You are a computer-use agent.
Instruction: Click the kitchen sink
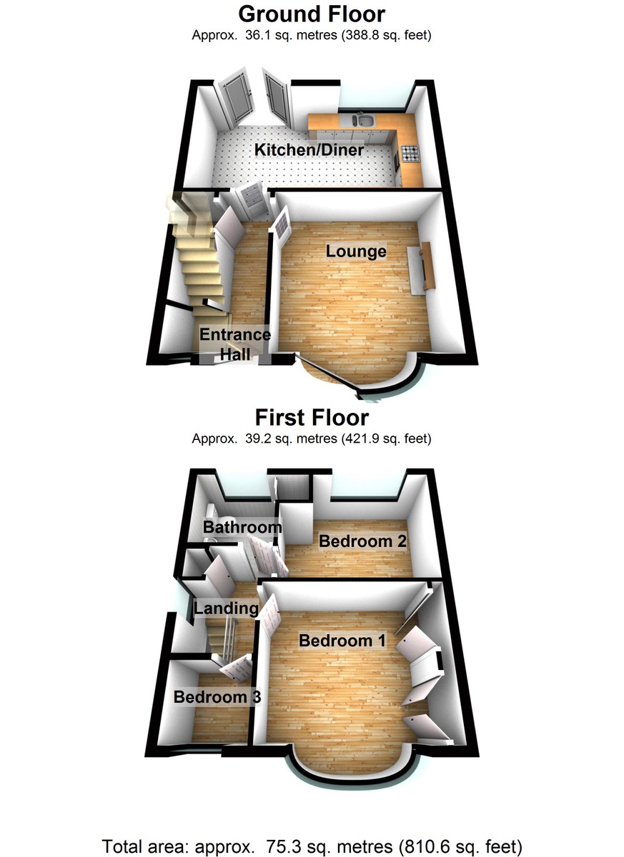[x=362, y=120]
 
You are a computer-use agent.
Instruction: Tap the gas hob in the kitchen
[x=410, y=152]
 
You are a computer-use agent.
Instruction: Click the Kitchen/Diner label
[x=309, y=150]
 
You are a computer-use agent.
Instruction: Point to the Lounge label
[x=356, y=251]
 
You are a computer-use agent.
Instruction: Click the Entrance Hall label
[x=234, y=343]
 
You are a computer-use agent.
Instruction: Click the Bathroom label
[x=242, y=527]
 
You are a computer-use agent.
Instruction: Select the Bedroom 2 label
[x=362, y=541]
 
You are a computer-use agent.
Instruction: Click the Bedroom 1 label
[x=342, y=641]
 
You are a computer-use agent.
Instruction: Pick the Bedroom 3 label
[x=217, y=696]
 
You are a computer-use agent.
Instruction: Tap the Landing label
[x=226, y=608]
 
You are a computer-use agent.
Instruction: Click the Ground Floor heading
[x=312, y=14]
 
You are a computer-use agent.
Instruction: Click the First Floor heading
[x=312, y=417]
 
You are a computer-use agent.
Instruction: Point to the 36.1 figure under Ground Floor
[x=254, y=34]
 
